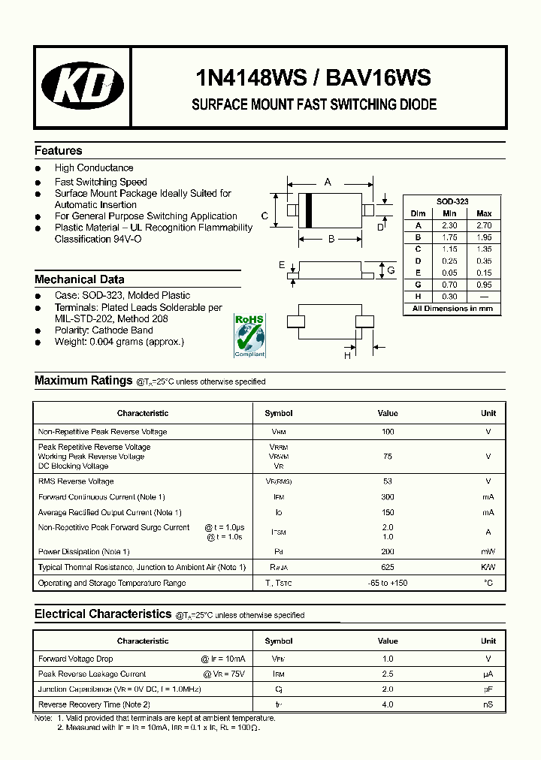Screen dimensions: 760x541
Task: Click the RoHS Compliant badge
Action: coord(249,336)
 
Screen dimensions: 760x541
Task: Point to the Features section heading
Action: coord(59,151)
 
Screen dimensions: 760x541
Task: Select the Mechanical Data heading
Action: coord(80,279)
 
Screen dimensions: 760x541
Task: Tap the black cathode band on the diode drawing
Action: coord(308,210)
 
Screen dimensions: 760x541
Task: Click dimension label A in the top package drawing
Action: coord(328,182)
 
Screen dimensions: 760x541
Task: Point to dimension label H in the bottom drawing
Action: coord(347,356)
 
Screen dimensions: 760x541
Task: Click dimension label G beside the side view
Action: coord(391,270)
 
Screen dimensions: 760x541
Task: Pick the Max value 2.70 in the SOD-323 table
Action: coord(484,225)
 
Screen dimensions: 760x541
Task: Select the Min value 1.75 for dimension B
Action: coord(449,237)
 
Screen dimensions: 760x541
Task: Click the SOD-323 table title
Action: coord(452,202)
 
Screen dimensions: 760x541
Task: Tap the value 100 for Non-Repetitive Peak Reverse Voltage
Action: coord(388,432)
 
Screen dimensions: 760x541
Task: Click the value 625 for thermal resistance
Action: coord(388,568)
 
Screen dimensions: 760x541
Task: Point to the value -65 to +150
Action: coord(388,584)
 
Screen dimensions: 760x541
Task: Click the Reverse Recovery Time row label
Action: coord(94,705)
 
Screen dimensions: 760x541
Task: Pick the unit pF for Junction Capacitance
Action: coord(488,689)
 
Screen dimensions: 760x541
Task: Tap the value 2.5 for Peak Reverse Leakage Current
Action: coord(388,674)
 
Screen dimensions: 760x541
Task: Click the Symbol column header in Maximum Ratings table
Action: coord(279,414)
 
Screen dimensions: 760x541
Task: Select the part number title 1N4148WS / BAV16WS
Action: coord(313,77)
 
